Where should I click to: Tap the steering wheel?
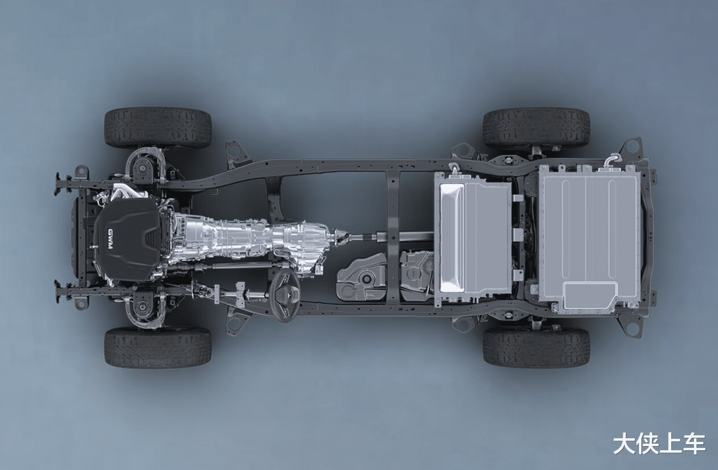[x=285, y=296]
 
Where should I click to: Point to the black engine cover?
[x=128, y=240]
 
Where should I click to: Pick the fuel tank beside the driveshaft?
[x=385, y=276]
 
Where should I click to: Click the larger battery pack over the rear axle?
[x=589, y=239]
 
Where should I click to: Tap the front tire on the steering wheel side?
[x=158, y=347]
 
